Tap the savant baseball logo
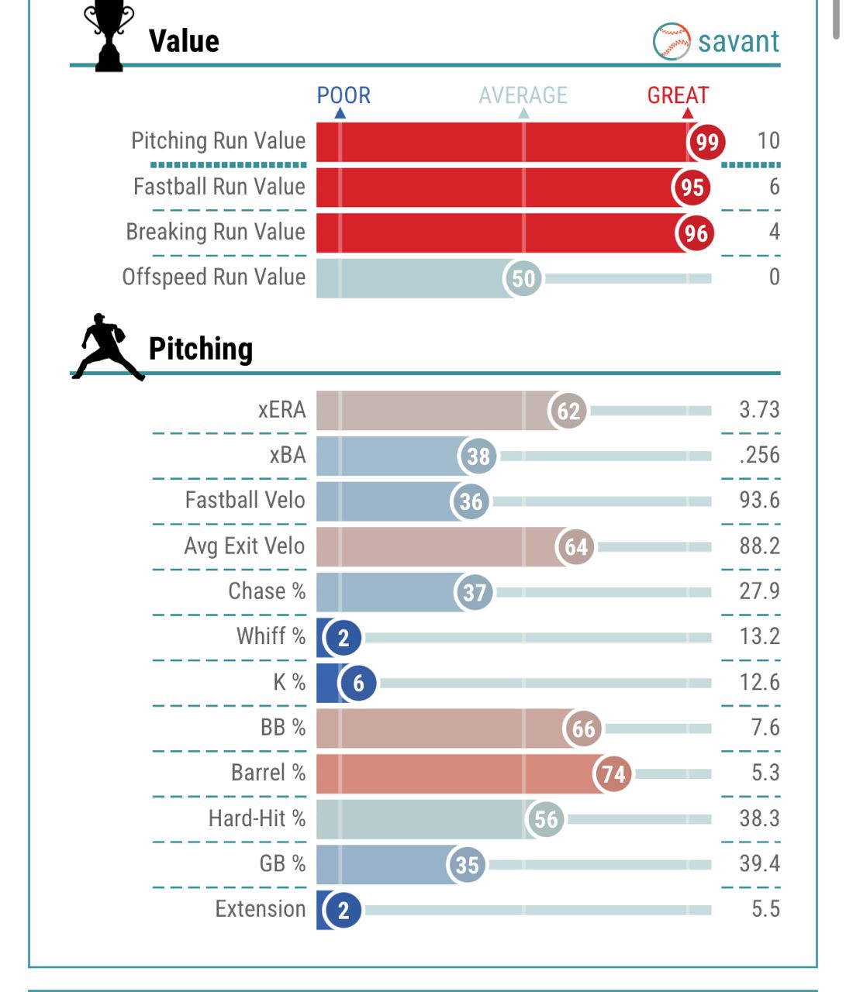(672, 41)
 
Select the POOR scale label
(344, 95)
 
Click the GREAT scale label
(678, 95)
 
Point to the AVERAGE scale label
(523, 95)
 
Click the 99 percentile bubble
(707, 142)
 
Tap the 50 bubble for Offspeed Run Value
(524, 278)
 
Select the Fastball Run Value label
(219, 187)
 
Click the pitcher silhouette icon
(107, 346)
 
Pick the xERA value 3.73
(759, 410)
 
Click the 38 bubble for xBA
(478, 456)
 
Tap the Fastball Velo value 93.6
(759, 501)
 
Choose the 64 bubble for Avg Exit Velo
(576, 547)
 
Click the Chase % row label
(267, 591)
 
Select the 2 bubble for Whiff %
(344, 638)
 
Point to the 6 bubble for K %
(358, 684)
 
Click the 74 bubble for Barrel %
(613, 774)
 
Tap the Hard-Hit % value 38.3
(759, 818)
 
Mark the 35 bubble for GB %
(467, 865)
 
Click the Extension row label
(261, 909)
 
